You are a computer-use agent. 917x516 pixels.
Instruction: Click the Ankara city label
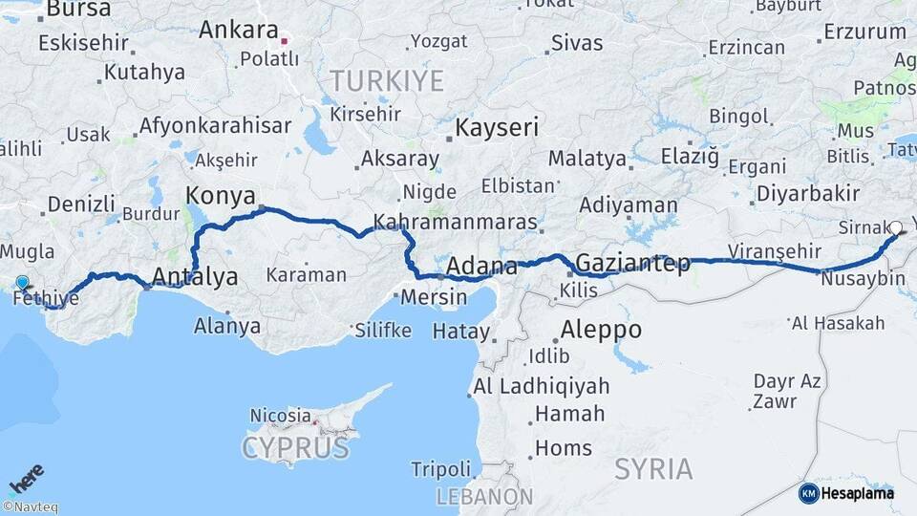tap(238, 30)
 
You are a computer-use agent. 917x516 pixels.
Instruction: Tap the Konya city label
tap(219, 196)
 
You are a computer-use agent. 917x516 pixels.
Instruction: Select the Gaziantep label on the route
tap(633, 264)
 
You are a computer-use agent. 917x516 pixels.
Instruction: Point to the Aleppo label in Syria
tap(601, 331)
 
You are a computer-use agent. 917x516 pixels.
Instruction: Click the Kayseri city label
tap(497, 127)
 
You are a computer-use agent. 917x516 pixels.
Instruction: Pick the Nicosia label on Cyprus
tap(280, 416)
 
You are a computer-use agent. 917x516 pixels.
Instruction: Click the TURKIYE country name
tap(386, 80)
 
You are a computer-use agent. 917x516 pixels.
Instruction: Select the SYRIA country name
tap(653, 469)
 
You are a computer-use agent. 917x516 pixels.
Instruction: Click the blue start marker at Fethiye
tap(22, 283)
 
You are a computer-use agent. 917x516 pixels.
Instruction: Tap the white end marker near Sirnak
tap(896, 228)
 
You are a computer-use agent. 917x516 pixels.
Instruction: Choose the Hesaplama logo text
tap(858, 493)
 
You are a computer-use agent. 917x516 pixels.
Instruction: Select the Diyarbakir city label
tap(808, 193)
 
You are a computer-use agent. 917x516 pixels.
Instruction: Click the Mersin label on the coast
tap(434, 296)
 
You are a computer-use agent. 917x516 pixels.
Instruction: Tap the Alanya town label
tap(226, 326)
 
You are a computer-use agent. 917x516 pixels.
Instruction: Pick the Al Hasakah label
tap(838, 323)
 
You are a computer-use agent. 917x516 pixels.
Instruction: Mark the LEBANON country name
tap(484, 497)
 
